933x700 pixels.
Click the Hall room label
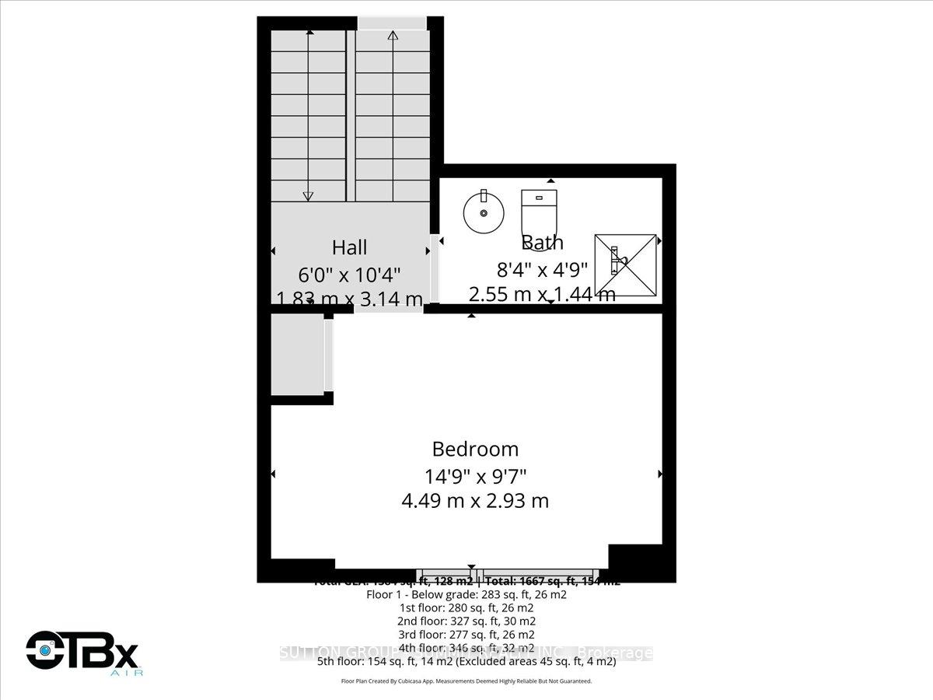tap(349, 247)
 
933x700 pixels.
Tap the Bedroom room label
tap(475, 449)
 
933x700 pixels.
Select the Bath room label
tap(543, 243)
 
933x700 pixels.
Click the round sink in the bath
tap(483, 212)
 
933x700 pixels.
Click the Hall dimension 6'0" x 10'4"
tap(349, 275)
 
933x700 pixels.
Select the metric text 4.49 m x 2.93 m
tap(475, 500)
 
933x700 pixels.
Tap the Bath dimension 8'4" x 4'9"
tap(543, 269)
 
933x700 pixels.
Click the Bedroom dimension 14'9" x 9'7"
tap(475, 475)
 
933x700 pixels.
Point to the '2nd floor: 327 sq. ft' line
tap(466, 621)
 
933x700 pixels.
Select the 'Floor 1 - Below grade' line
tap(466, 594)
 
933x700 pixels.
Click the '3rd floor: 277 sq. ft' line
tap(466, 634)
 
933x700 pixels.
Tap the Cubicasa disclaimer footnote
tap(466, 681)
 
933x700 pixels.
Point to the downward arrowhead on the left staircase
tap(309, 195)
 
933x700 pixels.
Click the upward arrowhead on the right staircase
tap(393, 35)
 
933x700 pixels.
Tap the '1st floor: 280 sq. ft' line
tap(466, 607)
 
